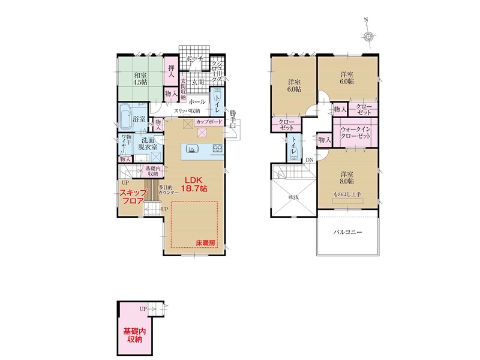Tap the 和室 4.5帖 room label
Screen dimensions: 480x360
pyautogui.click(x=140, y=79)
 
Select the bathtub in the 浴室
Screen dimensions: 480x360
pyautogui.click(x=125, y=116)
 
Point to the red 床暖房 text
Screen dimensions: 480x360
pyautogui.click(x=205, y=243)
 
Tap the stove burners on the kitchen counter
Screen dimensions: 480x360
pyautogui.click(x=218, y=149)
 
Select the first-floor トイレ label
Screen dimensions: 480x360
pyautogui.click(x=218, y=103)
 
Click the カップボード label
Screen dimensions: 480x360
pyautogui.click(x=209, y=122)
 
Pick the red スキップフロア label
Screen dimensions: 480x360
pyautogui.click(x=133, y=197)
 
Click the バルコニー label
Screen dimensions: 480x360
pyautogui.click(x=347, y=232)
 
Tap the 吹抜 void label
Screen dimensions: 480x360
pyautogui.click(x=293, y=197)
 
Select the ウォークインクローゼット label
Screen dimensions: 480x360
pyautogui.click(x=355, y=133)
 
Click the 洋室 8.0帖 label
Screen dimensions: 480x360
pyautogui.click(x=347, y=178)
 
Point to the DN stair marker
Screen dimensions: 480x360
pyautogui.click(x=310, y=160)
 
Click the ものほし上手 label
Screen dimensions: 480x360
pyautogui.click(x=347, y=194)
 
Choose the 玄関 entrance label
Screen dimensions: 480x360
pyautogui.click(x=198, y=82)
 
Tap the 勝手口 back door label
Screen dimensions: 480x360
pyautogui.click(x=233, y=118)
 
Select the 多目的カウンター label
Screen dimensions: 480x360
pyautogui.click(x=168, y=190)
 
